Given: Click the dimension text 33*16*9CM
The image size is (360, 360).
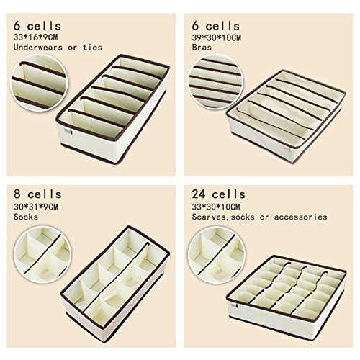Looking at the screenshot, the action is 35,37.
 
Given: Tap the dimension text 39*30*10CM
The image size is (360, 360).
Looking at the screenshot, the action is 217,37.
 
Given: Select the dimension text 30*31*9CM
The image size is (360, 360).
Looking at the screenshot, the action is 36,207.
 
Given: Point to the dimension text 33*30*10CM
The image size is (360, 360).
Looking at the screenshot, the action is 216,207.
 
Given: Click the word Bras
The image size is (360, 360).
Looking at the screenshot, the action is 202,48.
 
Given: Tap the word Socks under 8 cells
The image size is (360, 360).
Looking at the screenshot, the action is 26,217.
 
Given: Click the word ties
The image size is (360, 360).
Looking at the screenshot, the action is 93,48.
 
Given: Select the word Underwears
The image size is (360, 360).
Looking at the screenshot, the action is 38,48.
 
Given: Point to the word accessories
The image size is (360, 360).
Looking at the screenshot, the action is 301,217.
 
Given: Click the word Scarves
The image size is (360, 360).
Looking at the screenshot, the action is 209,217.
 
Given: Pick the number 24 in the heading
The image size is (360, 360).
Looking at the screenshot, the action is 199,194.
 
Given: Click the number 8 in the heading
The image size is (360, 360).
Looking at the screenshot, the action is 17,194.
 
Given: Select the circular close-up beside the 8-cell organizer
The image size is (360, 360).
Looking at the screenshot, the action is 42,254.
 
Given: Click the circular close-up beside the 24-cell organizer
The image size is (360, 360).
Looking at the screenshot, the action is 217,255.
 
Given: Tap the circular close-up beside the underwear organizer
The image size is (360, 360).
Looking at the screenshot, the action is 39,83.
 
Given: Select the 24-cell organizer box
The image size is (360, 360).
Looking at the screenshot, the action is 286,294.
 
